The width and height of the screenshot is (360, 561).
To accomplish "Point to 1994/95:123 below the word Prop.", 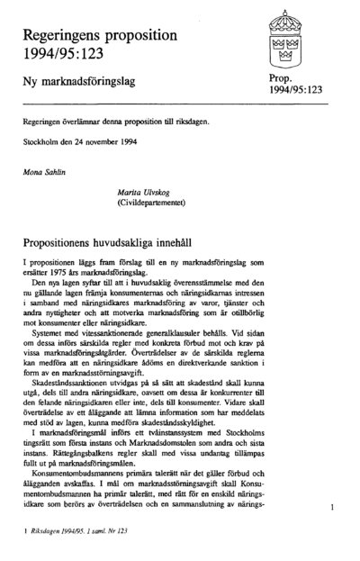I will point(296,91).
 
